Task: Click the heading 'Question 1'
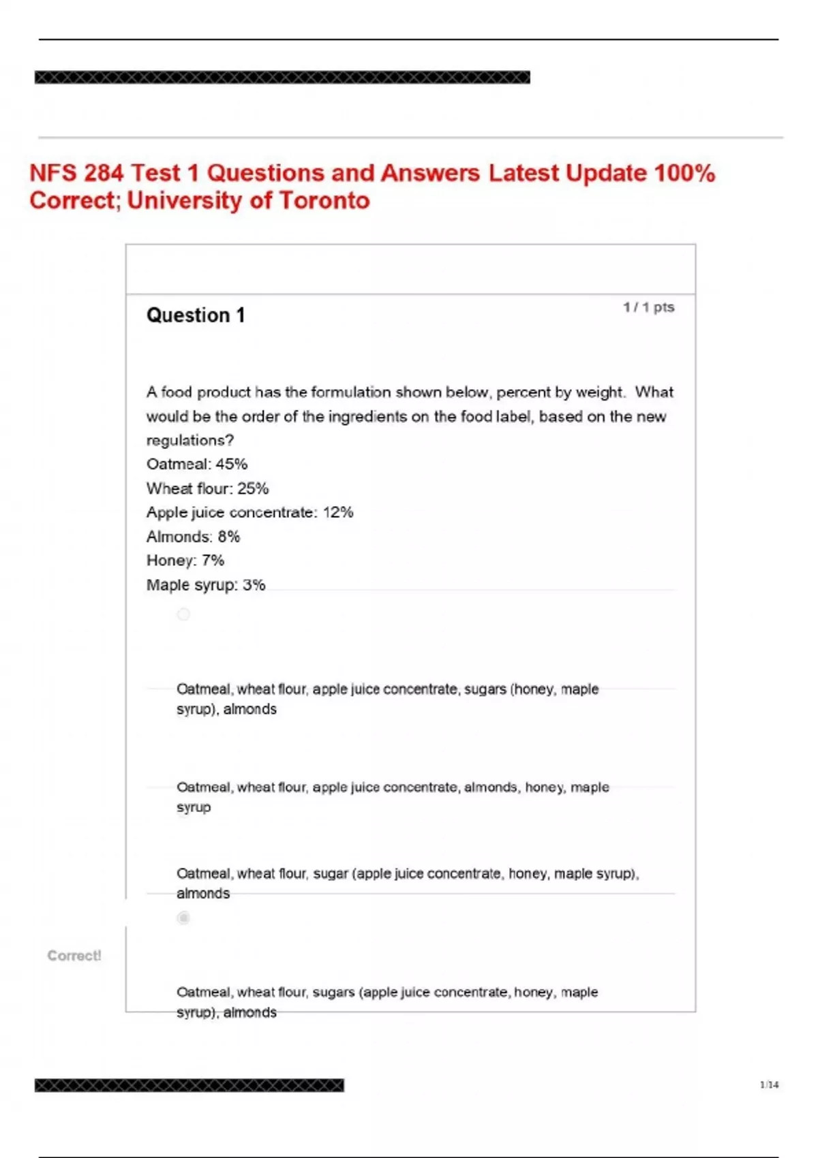(x=195, y=315)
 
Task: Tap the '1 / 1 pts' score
(x=648, y=307)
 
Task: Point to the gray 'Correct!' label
(x=74, y=956)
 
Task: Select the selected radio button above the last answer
(x=183, y=918)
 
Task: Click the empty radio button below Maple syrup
(x=183, y=614)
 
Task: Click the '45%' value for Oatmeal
(x=232, y=465)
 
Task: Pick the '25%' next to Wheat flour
(x=253, y=488)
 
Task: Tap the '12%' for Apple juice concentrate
(x=338, y=512)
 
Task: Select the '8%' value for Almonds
(x=229, y=537)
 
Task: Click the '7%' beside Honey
(x=213, y=561)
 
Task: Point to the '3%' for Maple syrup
(x=254, y=585)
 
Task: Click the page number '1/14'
(x=769, y=1084)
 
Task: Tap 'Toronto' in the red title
(x=324, y=201)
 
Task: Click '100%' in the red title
(x=684, y=173)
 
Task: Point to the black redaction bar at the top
(x=282, y=78)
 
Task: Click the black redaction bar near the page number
(x=190, y=1085)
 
